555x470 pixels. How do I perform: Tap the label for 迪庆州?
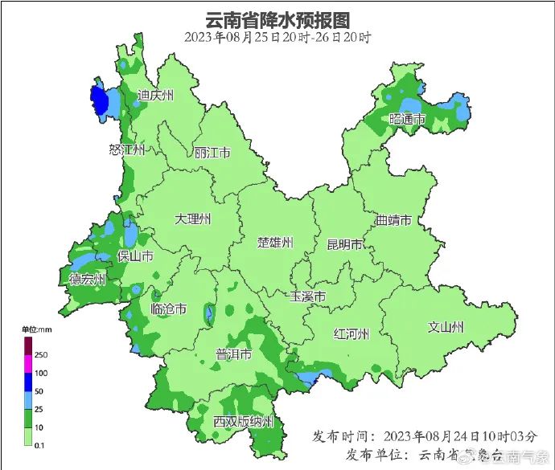pyautogui.click(x=155, y=96)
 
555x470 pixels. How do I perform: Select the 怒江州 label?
pyautogui.click(x=126, y=150)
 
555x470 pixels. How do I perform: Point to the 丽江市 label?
pyautogui.click(x=212, y=152)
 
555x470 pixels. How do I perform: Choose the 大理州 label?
pyautogui.click(x=194, y=219)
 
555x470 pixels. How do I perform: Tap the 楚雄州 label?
pyautogui.click(x=275, y=243)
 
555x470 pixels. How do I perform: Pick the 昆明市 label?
pyautogui.click(x=345, y=244)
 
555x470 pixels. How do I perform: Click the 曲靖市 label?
pyautogui.click(x=393, y=220)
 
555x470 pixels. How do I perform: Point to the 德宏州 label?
pyautogui.click(x=88, y=279)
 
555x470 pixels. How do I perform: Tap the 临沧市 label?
pyautogui.click(x=169, y=309)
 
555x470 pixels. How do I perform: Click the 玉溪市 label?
pyautogui.click(x=308, y=296)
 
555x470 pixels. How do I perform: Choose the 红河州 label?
pyautogui.click(x=351, y=334)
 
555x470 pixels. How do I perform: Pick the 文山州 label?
pyautogui.click(x=446, y=327)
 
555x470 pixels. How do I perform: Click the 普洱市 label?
pyautogui.click(x=234, y=354)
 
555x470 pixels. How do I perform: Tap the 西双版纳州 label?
pyautogui.click(x=243, y=422)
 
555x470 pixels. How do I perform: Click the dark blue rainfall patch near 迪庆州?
pyautogui.click(x=99, y=100)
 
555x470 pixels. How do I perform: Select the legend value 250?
pyautogui.click(x=41, y=355)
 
